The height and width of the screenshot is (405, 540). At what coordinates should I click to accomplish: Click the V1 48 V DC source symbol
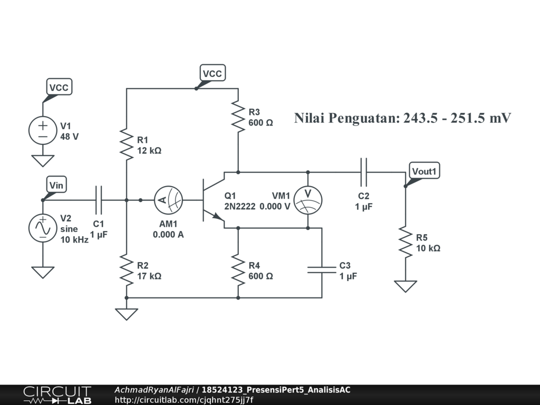coord(43,130)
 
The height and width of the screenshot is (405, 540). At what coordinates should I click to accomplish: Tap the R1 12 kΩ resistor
coord(127,143)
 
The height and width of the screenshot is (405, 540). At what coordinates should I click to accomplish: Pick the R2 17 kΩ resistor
coord(127,269)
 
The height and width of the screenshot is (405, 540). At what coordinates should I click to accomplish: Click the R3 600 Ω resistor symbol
coord(238,117)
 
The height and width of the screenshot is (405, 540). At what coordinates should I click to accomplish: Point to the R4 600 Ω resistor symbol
coord(238,269)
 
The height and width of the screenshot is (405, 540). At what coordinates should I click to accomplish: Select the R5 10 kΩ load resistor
coord(406,242)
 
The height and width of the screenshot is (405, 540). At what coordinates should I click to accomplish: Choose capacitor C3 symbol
coord(322,270)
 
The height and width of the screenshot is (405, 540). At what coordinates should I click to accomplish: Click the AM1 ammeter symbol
coord(168,200)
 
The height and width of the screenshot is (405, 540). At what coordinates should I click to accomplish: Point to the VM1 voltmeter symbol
coord(307,200)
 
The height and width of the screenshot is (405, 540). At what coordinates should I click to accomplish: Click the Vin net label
coord(56,185)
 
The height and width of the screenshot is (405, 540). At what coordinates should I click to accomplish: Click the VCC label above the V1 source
coord(59,88)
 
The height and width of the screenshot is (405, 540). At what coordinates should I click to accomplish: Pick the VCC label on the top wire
coord(213,74)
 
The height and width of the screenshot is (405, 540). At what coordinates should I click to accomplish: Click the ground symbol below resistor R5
coord(406,286)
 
